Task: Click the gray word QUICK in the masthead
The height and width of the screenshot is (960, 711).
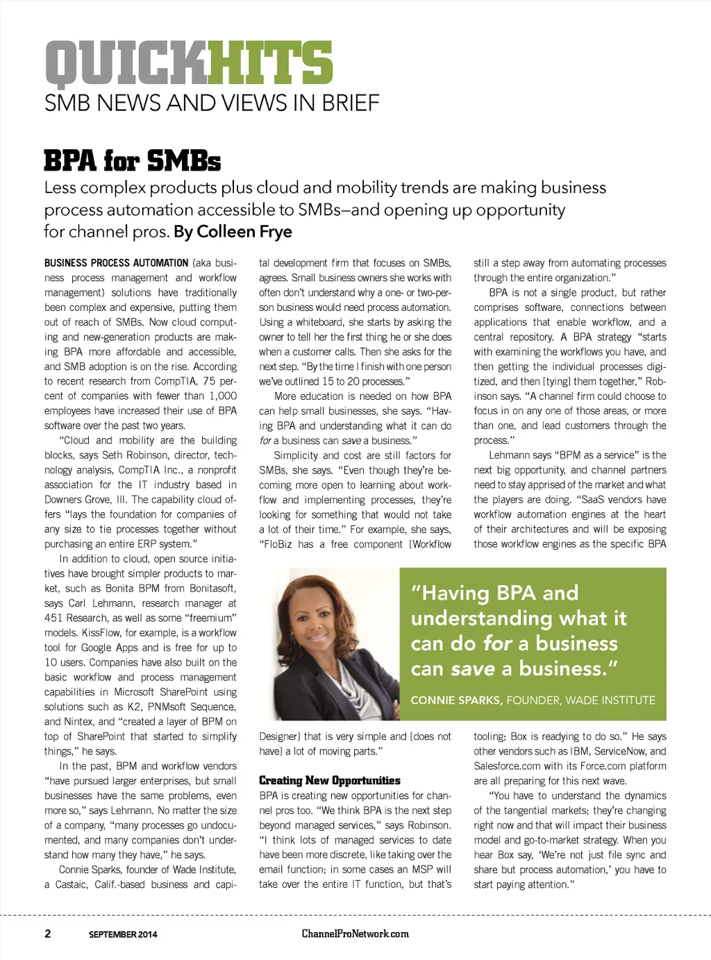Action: click(126, 64)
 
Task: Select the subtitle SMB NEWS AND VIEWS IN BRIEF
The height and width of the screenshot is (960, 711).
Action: click(212, 103)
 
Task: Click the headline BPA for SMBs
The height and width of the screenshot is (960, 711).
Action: click(132, 161)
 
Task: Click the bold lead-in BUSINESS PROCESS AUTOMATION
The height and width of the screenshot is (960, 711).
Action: click(116, 263)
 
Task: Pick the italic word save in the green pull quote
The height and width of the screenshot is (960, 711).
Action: click(472, 668)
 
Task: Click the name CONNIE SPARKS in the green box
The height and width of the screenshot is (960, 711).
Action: click(455, 700)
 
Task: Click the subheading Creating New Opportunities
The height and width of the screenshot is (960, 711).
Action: click(329, 780)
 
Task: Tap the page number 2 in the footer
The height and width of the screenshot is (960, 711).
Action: click(48, 934)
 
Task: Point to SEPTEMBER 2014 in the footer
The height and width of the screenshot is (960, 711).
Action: click(123, 934)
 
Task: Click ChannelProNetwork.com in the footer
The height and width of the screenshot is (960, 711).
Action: click(355, 934)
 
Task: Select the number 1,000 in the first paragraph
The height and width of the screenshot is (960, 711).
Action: click(223, 396)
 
